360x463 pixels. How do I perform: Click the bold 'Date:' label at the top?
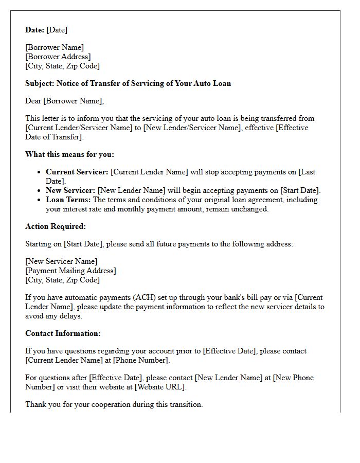click(x=34, y=30)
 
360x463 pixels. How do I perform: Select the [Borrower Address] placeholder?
click(x=58, y=57)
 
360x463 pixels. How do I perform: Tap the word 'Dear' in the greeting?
click(x=33, y=101)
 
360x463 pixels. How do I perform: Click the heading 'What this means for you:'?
click(x=69, y=154)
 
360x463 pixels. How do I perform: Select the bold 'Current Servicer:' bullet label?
click(x=77, y=172)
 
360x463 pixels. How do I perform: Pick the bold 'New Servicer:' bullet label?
click(x=70, y=190)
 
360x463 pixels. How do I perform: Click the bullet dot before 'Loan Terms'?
click(x=39, y=200)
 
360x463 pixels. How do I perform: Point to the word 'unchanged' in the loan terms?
click(x=251, y=209)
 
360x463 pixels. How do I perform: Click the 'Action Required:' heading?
click(x=56, y=226)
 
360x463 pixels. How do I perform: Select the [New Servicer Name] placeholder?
click(x=61, y=261)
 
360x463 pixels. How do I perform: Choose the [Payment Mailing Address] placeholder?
click(x=70, y=271)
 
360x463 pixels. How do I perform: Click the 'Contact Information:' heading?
click(x=63, y=333)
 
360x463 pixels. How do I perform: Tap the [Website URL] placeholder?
click(x=159, y=387)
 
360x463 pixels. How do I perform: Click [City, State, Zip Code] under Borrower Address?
click(x=62, y=66)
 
